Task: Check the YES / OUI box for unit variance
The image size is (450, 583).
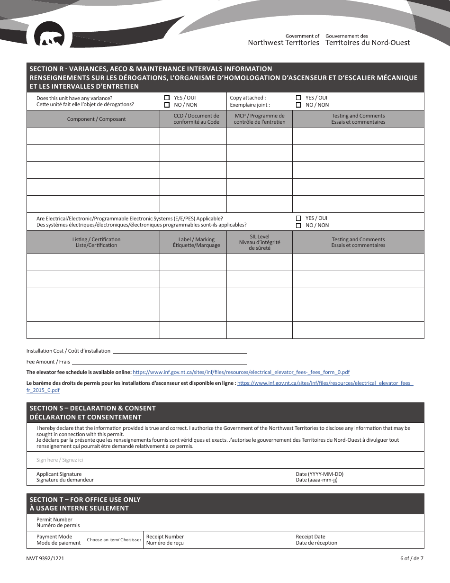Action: pyautogui.click(x=167, y=98)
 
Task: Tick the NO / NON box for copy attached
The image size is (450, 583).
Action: pyautogui.click(x=298, y=105)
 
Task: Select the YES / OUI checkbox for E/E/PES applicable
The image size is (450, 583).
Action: pyautogui.click(x=298, y=219)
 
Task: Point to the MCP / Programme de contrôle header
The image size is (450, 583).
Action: pyautogui.click(x=260, y=119)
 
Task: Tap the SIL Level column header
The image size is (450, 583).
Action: pyautogui.click(x=260, y=242)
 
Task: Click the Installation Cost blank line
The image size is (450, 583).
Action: pyautogui.click(x=180, y=351)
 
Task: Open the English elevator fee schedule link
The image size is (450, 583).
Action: pyautogui.click(x=241, y=373)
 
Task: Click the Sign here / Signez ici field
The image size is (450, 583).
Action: pyautogui.click(x=159, y=460)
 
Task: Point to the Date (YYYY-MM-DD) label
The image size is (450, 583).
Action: pyautogui.click(x=319, y=474)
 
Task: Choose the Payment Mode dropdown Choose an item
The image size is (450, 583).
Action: pyautogui.click(x=114, y=540)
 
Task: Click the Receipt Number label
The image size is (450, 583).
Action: pyautogui.click(x=165, y=537)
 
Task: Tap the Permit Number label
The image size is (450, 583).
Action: pyautogui.click(x=54, y=519)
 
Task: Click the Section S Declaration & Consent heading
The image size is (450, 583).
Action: pyautogui.click(x=92, y=408)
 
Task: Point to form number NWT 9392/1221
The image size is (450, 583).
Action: pyautogui.click(x=45, y=558)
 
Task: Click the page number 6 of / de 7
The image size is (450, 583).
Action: pyautogui.click(x=411, y=558)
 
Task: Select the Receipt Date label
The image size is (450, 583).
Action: pyautogui.click(x=310, y=537)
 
